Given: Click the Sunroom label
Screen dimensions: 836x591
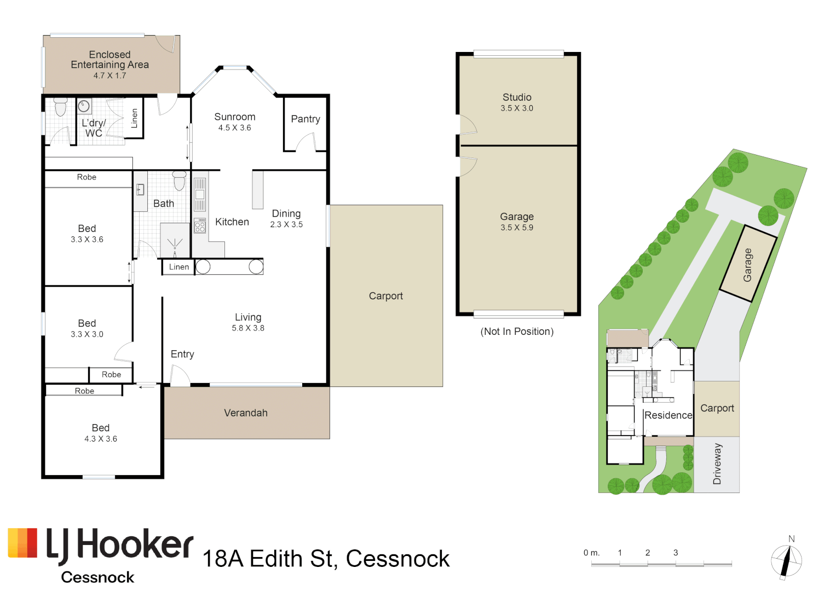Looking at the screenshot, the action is pyautogui.click(x=235, y=117).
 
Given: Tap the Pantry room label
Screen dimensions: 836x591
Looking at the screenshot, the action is pyautogui.click(x=305, y=119).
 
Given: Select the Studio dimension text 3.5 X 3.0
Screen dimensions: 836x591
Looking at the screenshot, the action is pyautogui.click(x=517, y=108).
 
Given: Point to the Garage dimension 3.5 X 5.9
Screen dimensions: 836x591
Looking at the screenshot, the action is pyautogui.click(x=517, y=228).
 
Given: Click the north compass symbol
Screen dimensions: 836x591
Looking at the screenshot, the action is pyautogui.click(x=786, y=560).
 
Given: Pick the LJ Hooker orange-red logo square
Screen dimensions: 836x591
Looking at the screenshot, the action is pyautogui.click(x=22, y=542).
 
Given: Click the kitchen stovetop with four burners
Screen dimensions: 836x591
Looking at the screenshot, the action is pyautogui.click(x=200, y=225).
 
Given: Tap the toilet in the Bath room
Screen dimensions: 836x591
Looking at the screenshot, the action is pyautogui.click(x=179, y=181).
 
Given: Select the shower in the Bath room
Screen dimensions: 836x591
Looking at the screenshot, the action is pyautogui.click(x=175, y=240).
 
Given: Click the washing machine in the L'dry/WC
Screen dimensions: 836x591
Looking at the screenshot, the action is pyautogui.click(x=84, y=106).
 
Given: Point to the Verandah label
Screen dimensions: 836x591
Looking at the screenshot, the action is pyautogui.click(x=246, y=413).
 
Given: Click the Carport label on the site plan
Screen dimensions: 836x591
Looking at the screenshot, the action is pyautogui.click(x=717, y=409).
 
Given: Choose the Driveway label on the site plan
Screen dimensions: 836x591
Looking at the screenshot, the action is pyautogui.click(x=717, y=464).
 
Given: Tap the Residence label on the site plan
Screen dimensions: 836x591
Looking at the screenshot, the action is pyautogui.click(x=668, y=415).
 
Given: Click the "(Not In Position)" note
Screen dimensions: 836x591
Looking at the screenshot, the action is pyautogui.click(x=517, y=331).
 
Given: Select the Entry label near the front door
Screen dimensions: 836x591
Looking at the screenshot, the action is pyautogui.click(x=182, y=354).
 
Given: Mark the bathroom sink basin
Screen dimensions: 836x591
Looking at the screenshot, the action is pyautogui.click(x=140, y=190).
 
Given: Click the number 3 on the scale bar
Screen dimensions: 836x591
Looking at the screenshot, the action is pyautogui.click(x=676, y=553).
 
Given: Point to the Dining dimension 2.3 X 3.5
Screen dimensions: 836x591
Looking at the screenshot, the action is pyautogui.click(x=286, y=224).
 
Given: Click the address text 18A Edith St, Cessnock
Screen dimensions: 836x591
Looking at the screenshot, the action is pyautogui.click(x=326, y=559).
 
